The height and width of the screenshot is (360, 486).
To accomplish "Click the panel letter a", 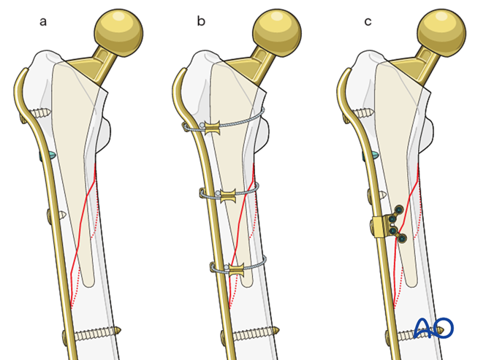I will [43, 21].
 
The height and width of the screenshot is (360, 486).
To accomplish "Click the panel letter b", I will [201, 21].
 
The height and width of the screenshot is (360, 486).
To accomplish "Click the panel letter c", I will [368, 21].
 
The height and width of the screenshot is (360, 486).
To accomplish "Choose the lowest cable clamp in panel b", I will [235, 269].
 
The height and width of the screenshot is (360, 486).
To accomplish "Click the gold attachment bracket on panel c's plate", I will [380, 227].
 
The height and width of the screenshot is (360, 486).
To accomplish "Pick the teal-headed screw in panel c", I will [373, 155].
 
